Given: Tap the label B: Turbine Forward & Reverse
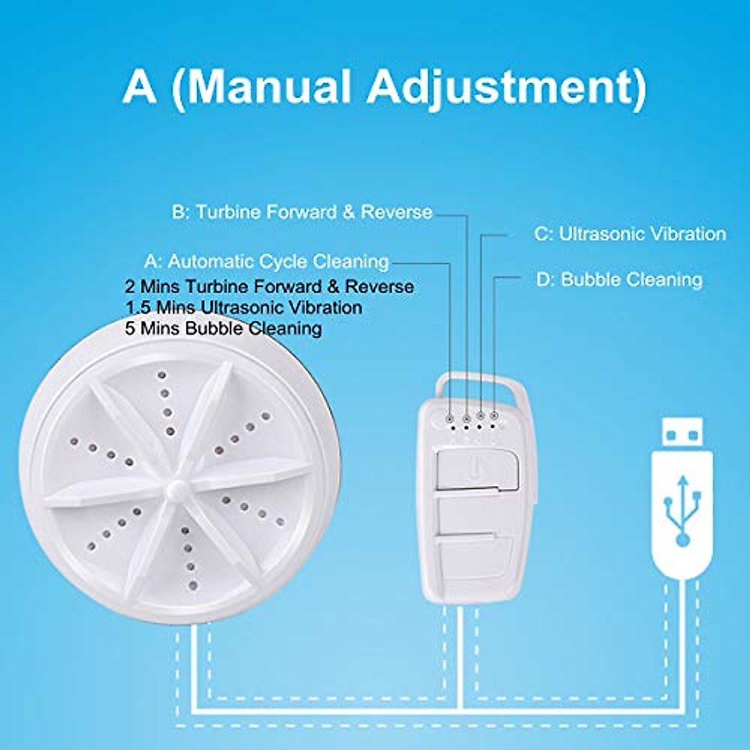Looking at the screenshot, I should pos(302,212).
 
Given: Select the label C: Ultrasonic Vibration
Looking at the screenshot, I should pos(630,234).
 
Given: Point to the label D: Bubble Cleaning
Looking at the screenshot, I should pos(619,279).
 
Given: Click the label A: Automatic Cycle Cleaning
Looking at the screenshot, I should pos(267,261).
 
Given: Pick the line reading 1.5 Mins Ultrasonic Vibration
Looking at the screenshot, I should pos(244,307).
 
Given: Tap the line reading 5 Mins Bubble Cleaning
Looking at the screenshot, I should pos(224,328).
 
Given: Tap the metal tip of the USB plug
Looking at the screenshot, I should pos(683,432).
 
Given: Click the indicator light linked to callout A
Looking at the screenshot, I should pos(451,416).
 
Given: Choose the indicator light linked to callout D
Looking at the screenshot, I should pos(494,416).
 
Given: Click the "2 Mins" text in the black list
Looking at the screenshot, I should pos(152,287).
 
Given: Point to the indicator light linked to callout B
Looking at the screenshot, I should pos(466,416).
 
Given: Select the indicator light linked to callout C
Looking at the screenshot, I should pos(480,416).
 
